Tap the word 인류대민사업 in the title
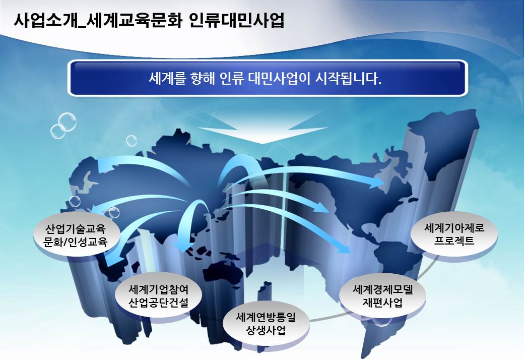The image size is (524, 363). click(236, 20)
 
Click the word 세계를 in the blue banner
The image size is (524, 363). click(166, 79)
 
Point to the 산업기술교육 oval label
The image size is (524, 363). click(77, 235)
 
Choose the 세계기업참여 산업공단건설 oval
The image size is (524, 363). click(158, 295)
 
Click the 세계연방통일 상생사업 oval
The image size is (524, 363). click(266, 324)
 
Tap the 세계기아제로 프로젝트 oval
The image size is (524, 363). click(454, 234)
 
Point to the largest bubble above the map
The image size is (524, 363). click(67, 122)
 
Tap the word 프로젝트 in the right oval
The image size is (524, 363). click(454, 240)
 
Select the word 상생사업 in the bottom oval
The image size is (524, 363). click(266, 331)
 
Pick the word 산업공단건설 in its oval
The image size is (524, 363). click(158, 302)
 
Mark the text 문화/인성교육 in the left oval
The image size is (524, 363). click(76, 241)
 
